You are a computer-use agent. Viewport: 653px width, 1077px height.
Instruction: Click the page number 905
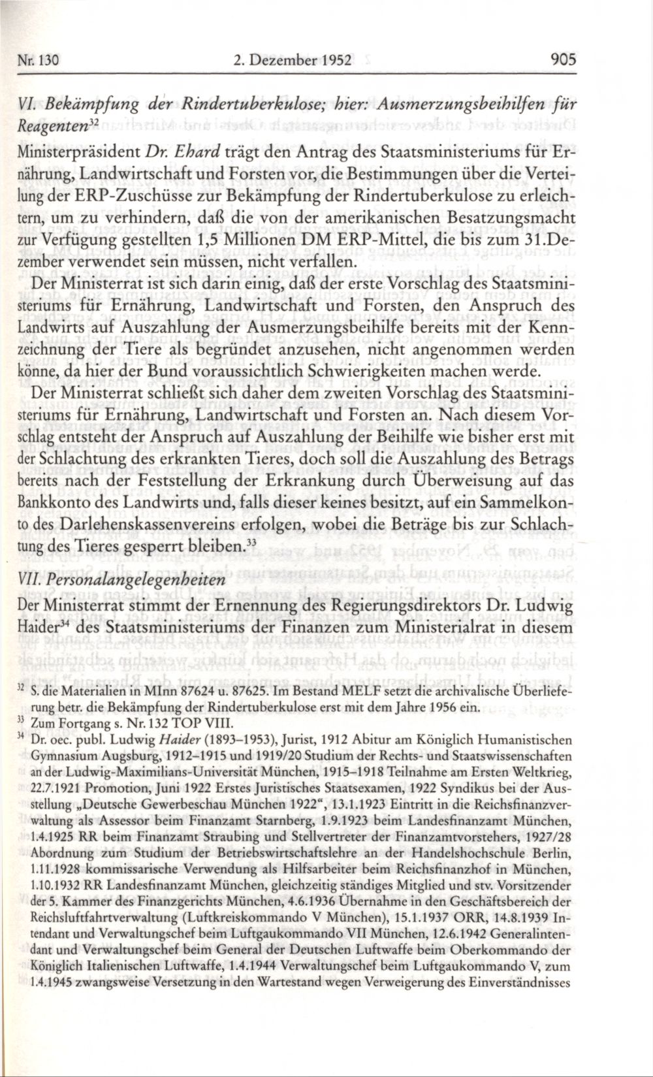coord(562,61)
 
